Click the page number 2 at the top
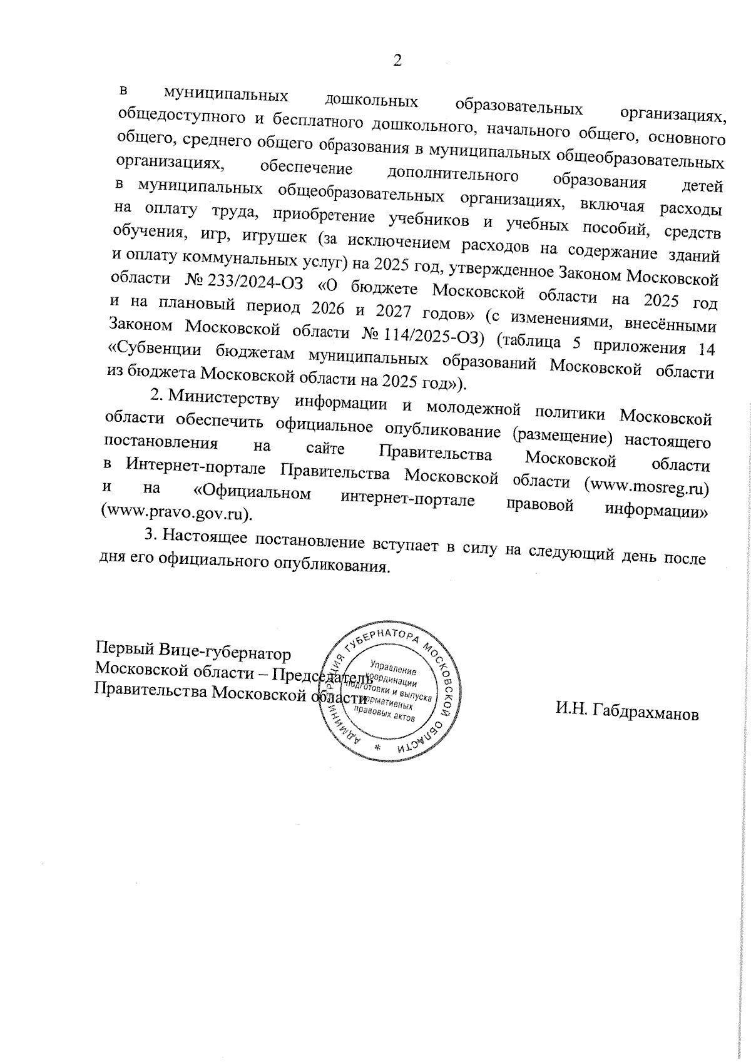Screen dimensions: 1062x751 tap(396, 61)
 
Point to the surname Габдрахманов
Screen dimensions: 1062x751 tap(635, 713)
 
